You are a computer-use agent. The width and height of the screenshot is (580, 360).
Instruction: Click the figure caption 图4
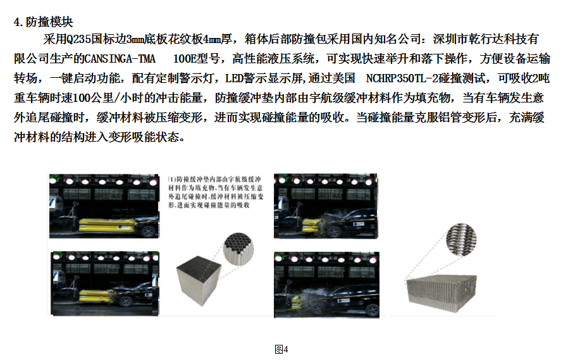coord(281,349)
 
